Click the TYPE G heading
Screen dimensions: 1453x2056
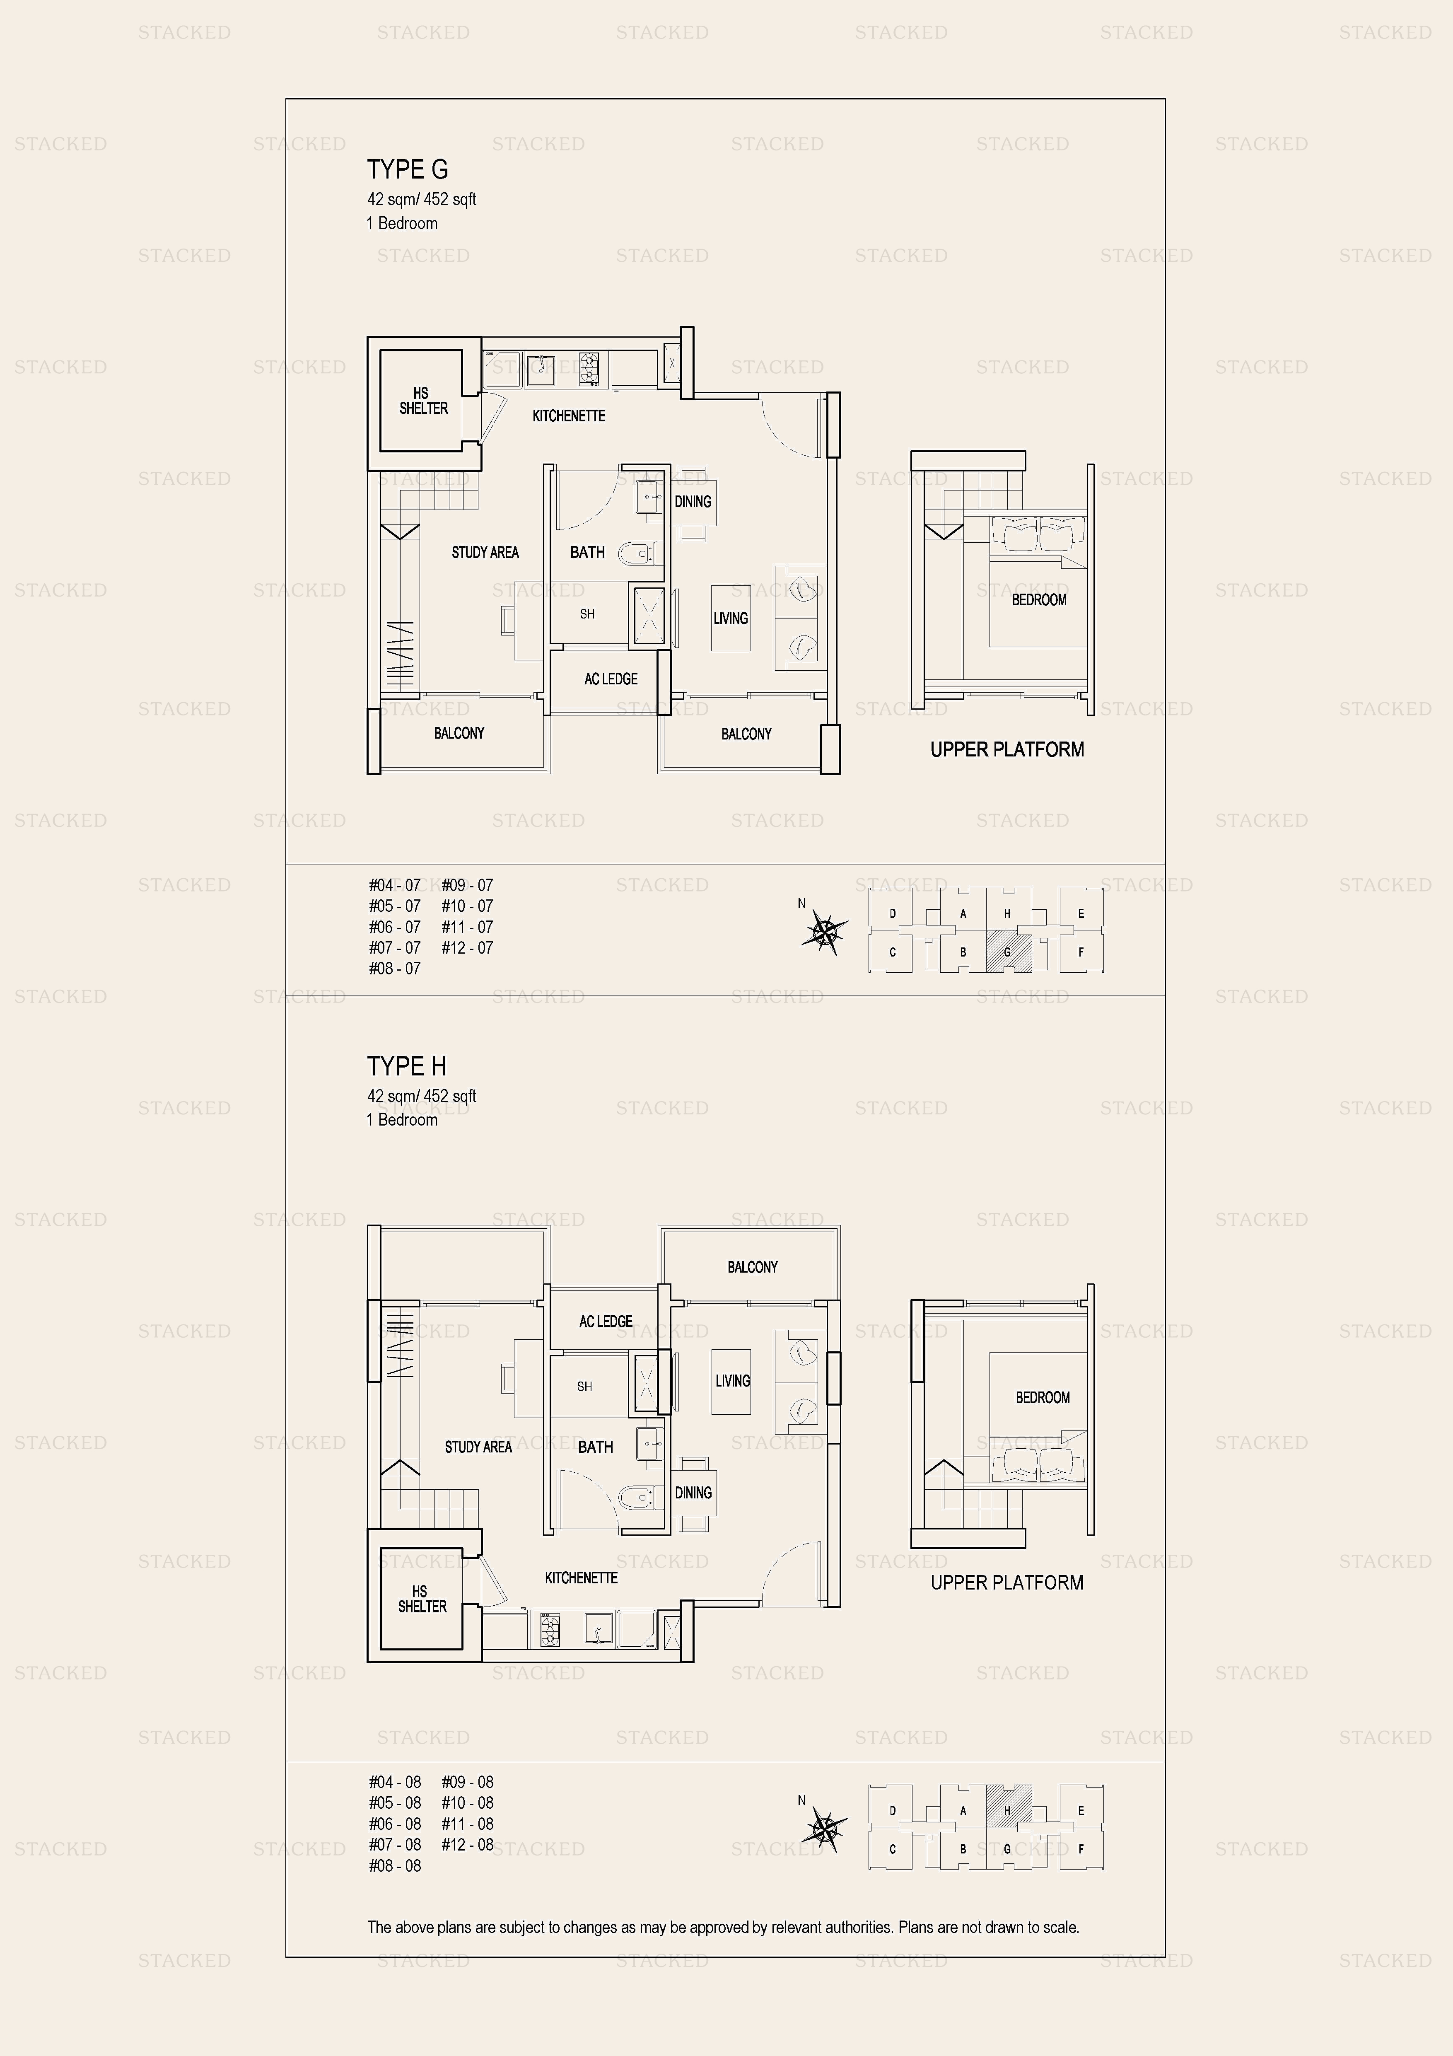coord(407,169)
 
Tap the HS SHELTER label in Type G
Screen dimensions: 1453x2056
coord(423,400)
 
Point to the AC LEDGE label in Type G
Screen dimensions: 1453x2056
coord(611,679)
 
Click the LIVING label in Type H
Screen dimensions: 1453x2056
coord(732,1380)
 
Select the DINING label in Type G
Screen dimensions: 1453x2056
coord(693,501)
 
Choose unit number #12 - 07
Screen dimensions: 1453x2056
coord(467,947)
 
